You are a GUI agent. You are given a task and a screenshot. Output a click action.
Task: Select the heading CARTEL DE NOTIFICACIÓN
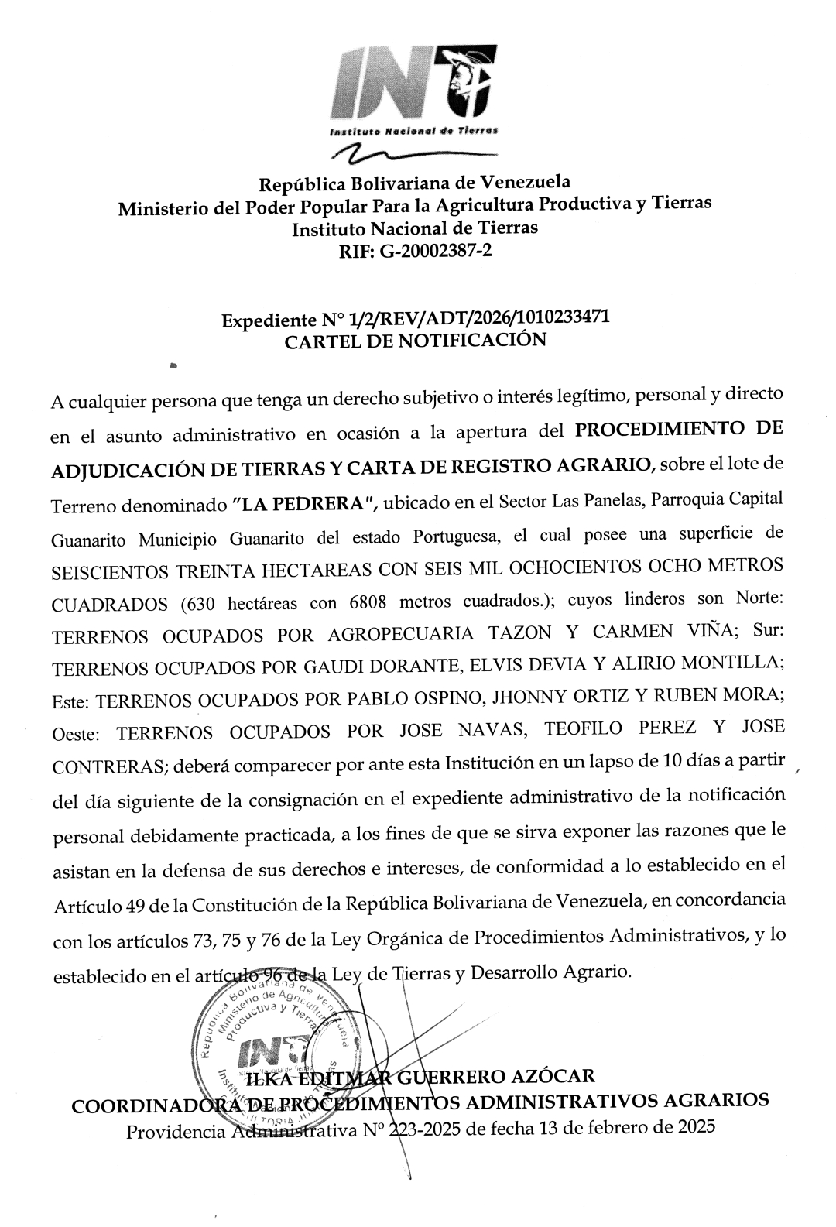416,341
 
